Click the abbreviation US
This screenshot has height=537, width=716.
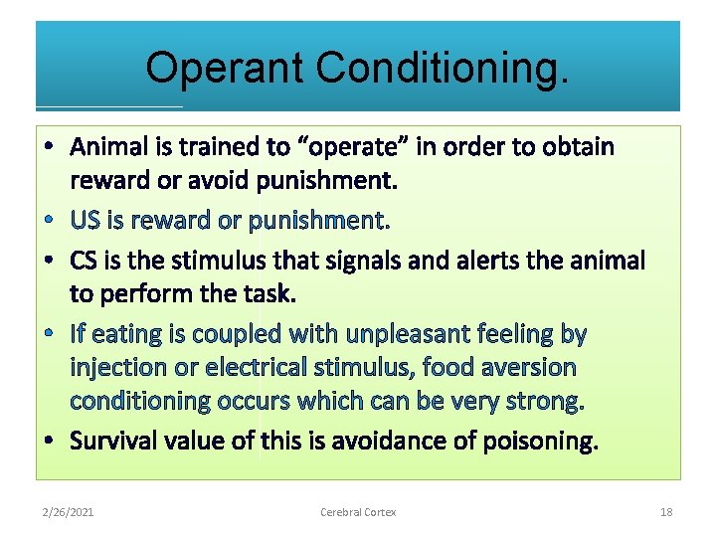point(85,220)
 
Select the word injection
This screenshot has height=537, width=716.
point(114,367)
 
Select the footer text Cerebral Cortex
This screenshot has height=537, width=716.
point(358,512)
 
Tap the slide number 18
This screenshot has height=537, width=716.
point(666,512)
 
